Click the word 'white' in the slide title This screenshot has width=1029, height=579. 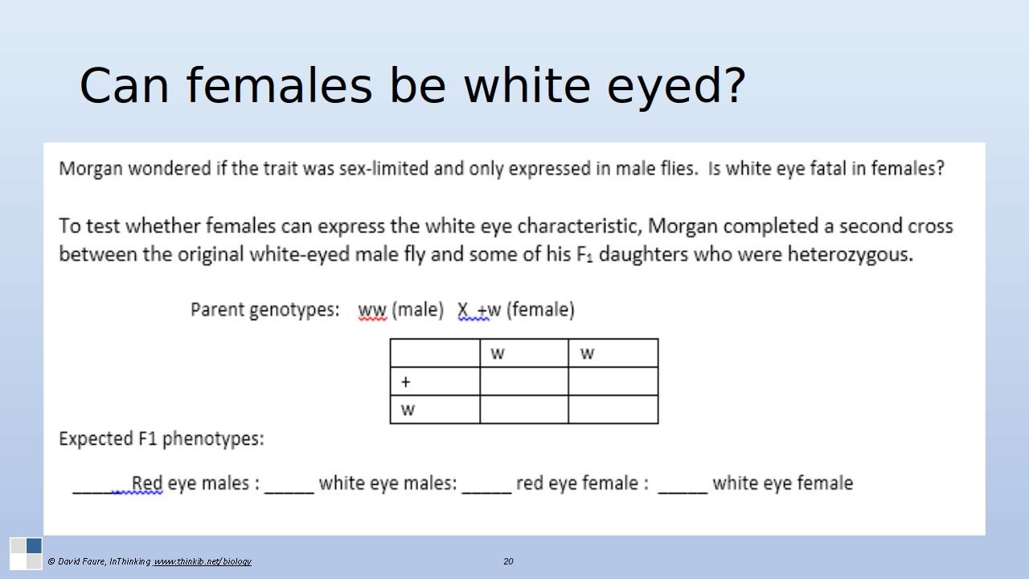[x=527, y=85]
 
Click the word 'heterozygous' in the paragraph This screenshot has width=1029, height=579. [x=850, y=255]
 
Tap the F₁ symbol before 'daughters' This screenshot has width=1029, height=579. [x=584, y=255]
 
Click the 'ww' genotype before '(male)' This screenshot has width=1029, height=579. [x=372, y=310]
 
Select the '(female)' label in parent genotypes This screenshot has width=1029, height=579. [x=540, y=310]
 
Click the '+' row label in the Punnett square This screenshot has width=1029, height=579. [x=405, y=382]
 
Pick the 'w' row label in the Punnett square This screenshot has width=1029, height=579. [x=408, y=410]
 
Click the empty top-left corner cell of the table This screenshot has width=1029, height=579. [x=435, y=353]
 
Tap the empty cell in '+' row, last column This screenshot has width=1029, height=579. [x=613, y=381]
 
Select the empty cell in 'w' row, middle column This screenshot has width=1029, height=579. [x=524, y=409]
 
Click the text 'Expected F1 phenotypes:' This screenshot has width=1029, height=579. [x=162, y=439]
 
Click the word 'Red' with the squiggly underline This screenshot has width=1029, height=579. [x=147, y=483]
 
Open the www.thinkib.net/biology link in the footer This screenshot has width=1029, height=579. [x=203, y=561]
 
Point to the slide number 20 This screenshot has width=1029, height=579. [x=508, y=561]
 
